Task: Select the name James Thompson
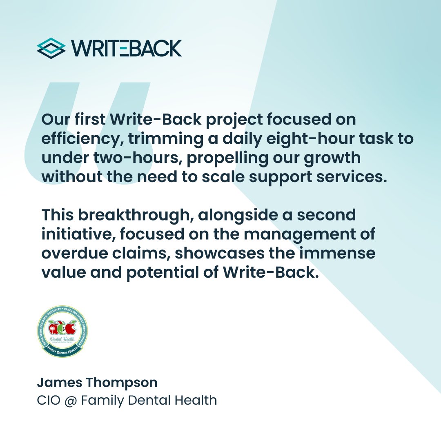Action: coord(97,383)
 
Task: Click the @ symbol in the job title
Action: coord(70,401)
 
